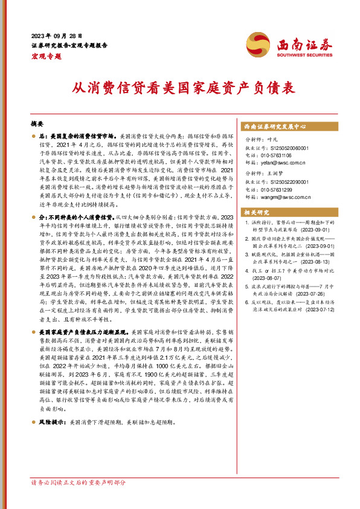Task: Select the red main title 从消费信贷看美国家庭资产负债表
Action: pyautogui.click(x=179, y=88)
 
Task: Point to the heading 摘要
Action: pyautogui.click(x=37, y=122)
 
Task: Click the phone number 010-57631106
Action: pyautogui.click(x=280, y=155)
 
